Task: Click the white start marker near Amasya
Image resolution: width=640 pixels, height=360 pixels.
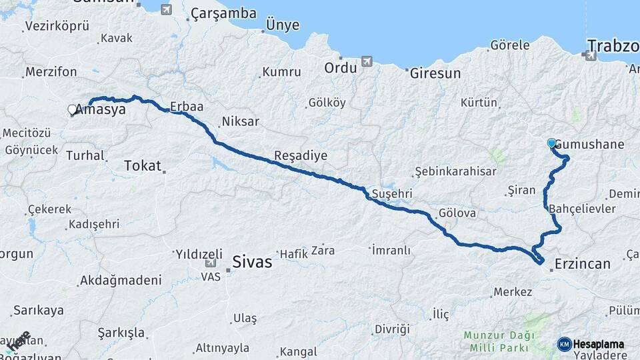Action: pyautogui.click(x=72, y=109)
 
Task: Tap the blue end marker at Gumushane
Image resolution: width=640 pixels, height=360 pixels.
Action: pyautogui.click(x=551, y=143)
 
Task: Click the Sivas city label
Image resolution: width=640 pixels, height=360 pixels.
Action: pyautogui.click(x=252, y=262)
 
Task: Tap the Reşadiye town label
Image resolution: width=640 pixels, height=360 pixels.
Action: pyautogui.click(x=301, y=155)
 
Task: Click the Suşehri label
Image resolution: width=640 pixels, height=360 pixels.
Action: pyautogui.click(x=392, y=193)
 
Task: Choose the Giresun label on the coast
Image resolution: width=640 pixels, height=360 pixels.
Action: pyautogui.click(x=435, y=73)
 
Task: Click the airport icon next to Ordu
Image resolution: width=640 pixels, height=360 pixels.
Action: pyautogui.click(x=367, y=62)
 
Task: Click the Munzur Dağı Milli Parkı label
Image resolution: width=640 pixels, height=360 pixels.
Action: pyautogui.click(x=497, y=342)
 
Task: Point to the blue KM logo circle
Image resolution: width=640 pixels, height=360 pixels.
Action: pyautogui.click(x=565, y=344)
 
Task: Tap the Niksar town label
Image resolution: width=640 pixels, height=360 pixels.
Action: pyautogui.click(x=240, y=121)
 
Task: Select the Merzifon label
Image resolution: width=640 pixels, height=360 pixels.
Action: pyautogui.click(x=51, y=72)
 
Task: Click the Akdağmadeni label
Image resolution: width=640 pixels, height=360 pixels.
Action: pyautogui.click(x=120, y=280)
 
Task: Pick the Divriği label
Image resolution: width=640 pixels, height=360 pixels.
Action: pyautogui.click(x=391, y=329)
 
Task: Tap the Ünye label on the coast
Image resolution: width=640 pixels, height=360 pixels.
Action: pyautogui.click(x=283, y=26)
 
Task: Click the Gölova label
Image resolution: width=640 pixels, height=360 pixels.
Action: pyautogui.click(x=457, y=214)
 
